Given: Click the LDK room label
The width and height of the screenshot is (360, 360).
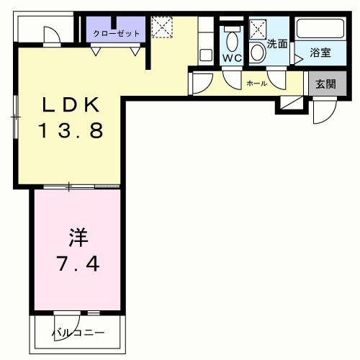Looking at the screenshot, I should (x=71, y=106).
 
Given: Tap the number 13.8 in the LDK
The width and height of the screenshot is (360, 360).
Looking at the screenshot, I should (x=71, y=131).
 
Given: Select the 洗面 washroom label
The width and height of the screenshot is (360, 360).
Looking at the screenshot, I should (x=277, y=44).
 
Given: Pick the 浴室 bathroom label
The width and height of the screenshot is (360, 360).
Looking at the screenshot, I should (x=320, y=53).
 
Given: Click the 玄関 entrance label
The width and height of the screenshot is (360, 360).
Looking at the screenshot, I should (x=325, y=84).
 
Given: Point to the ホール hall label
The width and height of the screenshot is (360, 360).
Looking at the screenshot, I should (x=257, y=84).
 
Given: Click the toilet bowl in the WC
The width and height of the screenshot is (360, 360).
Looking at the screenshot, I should (x=232, y=38).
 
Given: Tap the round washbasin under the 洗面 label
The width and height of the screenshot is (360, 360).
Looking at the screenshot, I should (x=258, y=53).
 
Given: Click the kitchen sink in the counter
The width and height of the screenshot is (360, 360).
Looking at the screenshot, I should (x=205, y=54).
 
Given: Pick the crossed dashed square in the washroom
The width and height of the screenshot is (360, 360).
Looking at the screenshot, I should (x=258, y=30).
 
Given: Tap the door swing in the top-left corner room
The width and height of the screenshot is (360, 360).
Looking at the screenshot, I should (x=53, y=35).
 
